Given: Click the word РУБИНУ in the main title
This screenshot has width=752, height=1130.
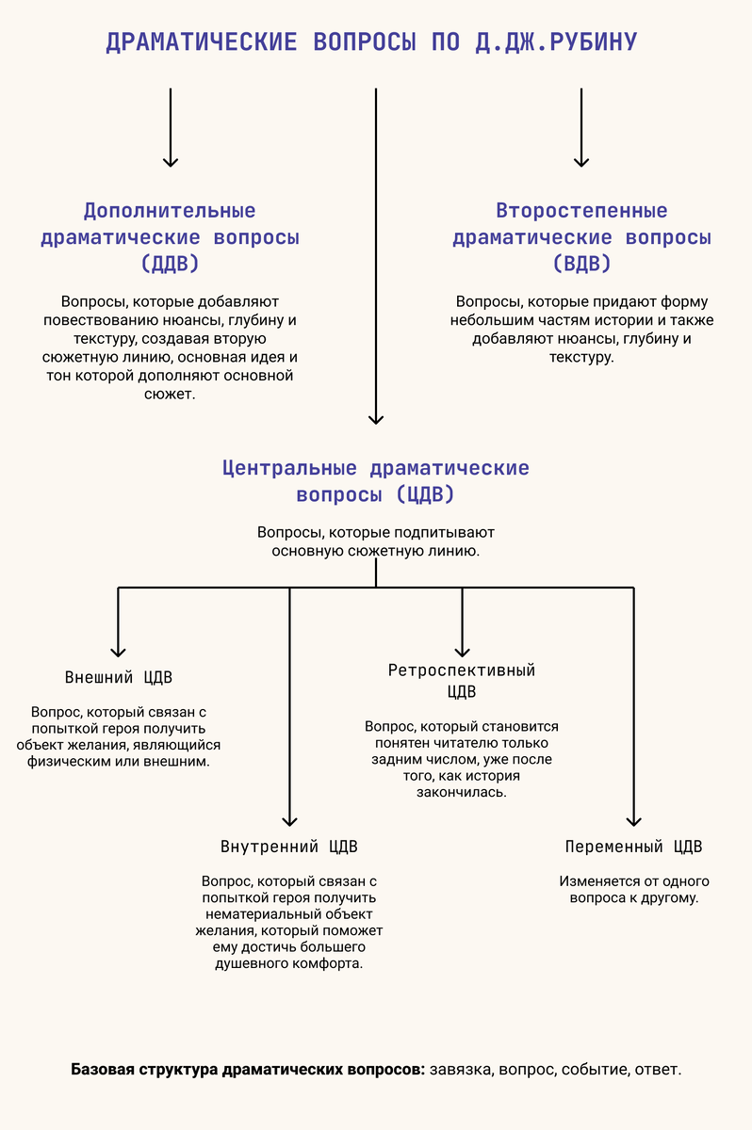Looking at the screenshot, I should click(582, 42).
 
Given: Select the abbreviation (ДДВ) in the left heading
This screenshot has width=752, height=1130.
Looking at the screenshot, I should click(170, 264).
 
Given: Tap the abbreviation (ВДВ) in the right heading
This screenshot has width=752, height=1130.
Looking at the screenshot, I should click(581, 264).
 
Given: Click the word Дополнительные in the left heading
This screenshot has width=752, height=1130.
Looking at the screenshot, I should click(170, 211).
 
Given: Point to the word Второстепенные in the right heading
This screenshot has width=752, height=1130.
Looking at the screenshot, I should click(581, 211).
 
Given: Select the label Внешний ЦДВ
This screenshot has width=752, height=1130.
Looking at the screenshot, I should click(119, 678).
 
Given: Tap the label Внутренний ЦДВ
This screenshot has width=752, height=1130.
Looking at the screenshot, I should click(289, 846).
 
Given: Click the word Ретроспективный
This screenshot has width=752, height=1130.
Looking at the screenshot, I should click(462, 670).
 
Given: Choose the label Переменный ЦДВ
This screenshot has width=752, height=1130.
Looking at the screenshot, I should click(633, 846).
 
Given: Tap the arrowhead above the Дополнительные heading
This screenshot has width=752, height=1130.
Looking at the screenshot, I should click(171, 161).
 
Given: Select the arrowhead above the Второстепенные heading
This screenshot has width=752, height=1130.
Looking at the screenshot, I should click(581, 161).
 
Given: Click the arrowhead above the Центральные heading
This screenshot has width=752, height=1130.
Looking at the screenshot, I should click(376, 418).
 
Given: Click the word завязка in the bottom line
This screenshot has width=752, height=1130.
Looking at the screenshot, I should click(462, 1070).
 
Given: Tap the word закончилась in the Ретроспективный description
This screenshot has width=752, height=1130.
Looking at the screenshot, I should click(462, 793).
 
